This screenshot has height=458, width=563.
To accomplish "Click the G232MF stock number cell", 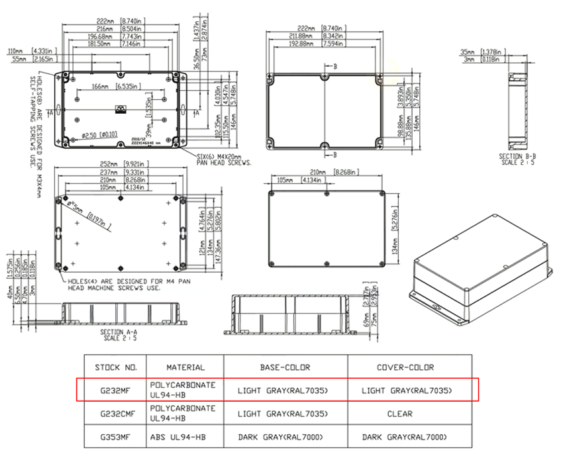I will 115,390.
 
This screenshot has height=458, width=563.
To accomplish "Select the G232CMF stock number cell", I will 115,414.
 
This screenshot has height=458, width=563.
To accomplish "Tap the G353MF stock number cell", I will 115,437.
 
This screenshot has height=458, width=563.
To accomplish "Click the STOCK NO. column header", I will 115,367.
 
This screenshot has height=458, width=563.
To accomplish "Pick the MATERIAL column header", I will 185,367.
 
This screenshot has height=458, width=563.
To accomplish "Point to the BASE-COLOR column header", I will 285,367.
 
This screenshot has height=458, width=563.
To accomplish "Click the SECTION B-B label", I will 517,156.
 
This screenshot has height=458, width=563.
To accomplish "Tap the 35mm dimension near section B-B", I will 468,52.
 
